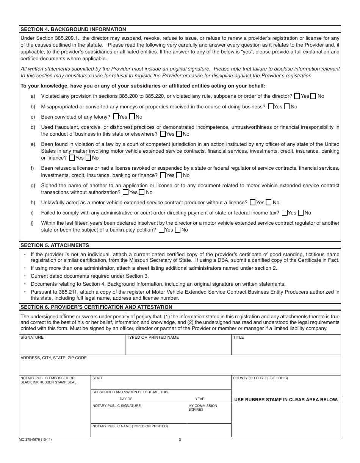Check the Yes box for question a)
point(297,96)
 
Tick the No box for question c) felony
point(132,117)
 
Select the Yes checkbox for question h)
point(252,203)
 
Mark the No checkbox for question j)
point(177,230)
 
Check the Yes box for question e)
point(72,158)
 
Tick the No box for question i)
point(301,213)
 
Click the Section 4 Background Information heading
point(73,29)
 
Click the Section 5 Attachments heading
point(55,245)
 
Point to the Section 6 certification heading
point(96,307)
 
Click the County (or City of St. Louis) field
point(286,386)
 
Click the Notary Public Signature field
point(139,415)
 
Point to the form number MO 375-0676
point(34,440)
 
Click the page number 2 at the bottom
point(180,440)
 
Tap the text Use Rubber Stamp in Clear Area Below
point(286,400)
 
